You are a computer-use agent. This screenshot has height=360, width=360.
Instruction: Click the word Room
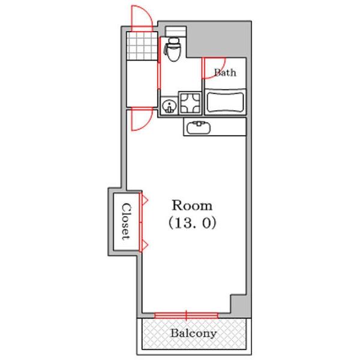(x=192, y=205)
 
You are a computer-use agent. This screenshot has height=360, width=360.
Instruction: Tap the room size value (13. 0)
(x=193, y=223)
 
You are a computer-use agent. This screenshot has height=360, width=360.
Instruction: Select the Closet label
(x=126, y=221)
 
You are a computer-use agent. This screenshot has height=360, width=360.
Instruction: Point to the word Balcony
(x=193, y=334)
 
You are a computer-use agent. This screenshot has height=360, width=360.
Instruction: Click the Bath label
(x=225, y=73)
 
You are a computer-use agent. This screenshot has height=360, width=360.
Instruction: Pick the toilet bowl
(x=173, y=50)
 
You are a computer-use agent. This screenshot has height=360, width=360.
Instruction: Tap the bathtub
(x=225, y=102)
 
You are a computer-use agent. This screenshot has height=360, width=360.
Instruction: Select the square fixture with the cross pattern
(x=190, y=104)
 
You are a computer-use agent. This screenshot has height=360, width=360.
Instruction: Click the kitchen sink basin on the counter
(x=199, y=128)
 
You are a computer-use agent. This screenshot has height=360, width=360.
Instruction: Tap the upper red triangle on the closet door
(x=145, y=200)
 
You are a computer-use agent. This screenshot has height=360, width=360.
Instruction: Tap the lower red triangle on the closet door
(x=145, y=245)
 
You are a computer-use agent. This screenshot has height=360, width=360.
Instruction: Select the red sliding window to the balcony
(x=186, y=316)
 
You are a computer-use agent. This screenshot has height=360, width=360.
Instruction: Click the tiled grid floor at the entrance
(x=142, y=46)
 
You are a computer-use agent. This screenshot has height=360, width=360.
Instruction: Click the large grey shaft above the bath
(x=218, y=39)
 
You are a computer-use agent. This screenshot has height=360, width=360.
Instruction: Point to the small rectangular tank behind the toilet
(x=176, y=31)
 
